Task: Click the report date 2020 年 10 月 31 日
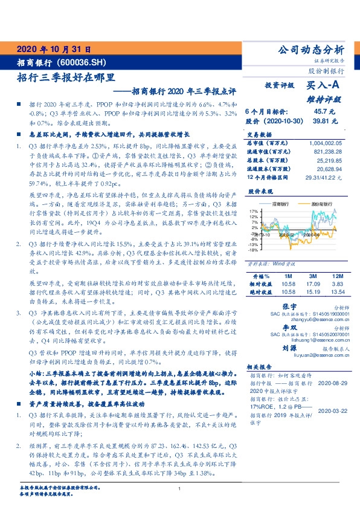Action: tap(54, 50)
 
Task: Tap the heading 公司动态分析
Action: tap(309, 50)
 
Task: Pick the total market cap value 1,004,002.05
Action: tap(324, 141)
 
